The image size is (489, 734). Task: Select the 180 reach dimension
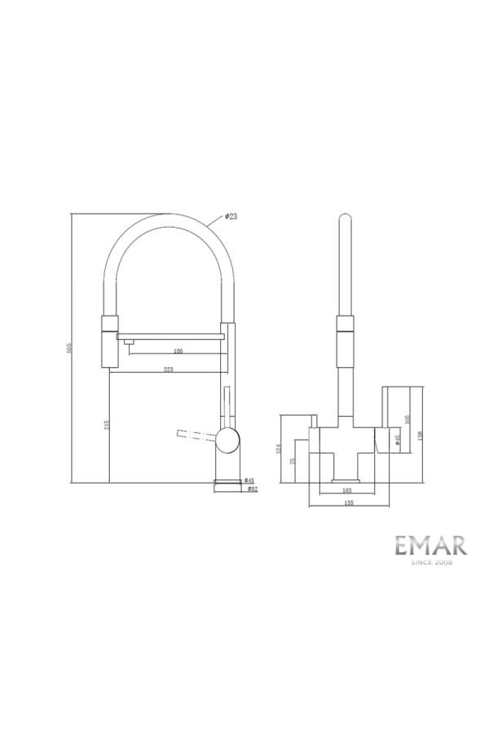178,352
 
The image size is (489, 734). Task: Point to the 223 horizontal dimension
169,370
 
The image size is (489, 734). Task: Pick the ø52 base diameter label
252,489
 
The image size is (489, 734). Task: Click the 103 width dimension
346,490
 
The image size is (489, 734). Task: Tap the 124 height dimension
279,448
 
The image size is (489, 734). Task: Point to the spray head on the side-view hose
109,338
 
